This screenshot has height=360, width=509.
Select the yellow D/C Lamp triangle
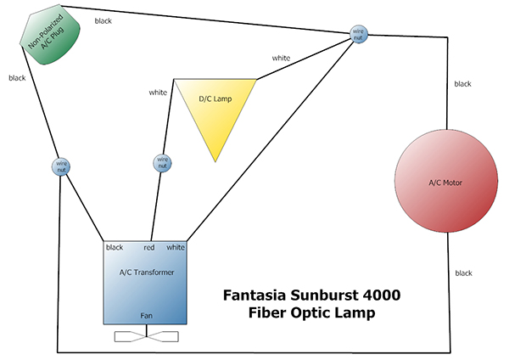[x=215, y=106]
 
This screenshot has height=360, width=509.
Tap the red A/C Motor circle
[x=445, y=182]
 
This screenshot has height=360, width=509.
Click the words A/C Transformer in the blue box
[x=146, y=273]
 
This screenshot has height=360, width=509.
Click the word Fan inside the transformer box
[x=146, y=315]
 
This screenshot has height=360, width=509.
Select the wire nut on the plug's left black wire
[x=61, y=166]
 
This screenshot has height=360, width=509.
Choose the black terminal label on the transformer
[x=115, y=248]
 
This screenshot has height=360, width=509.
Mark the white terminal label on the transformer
[x=176, y=248]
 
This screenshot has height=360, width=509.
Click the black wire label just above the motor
[x=462, y=84]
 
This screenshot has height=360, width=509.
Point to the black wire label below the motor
[x=462, y=273]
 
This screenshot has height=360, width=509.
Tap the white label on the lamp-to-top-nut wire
[x=281, y=58]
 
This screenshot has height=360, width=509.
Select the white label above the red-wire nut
[x=158, y=92]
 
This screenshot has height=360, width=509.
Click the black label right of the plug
[x=103, y=20]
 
